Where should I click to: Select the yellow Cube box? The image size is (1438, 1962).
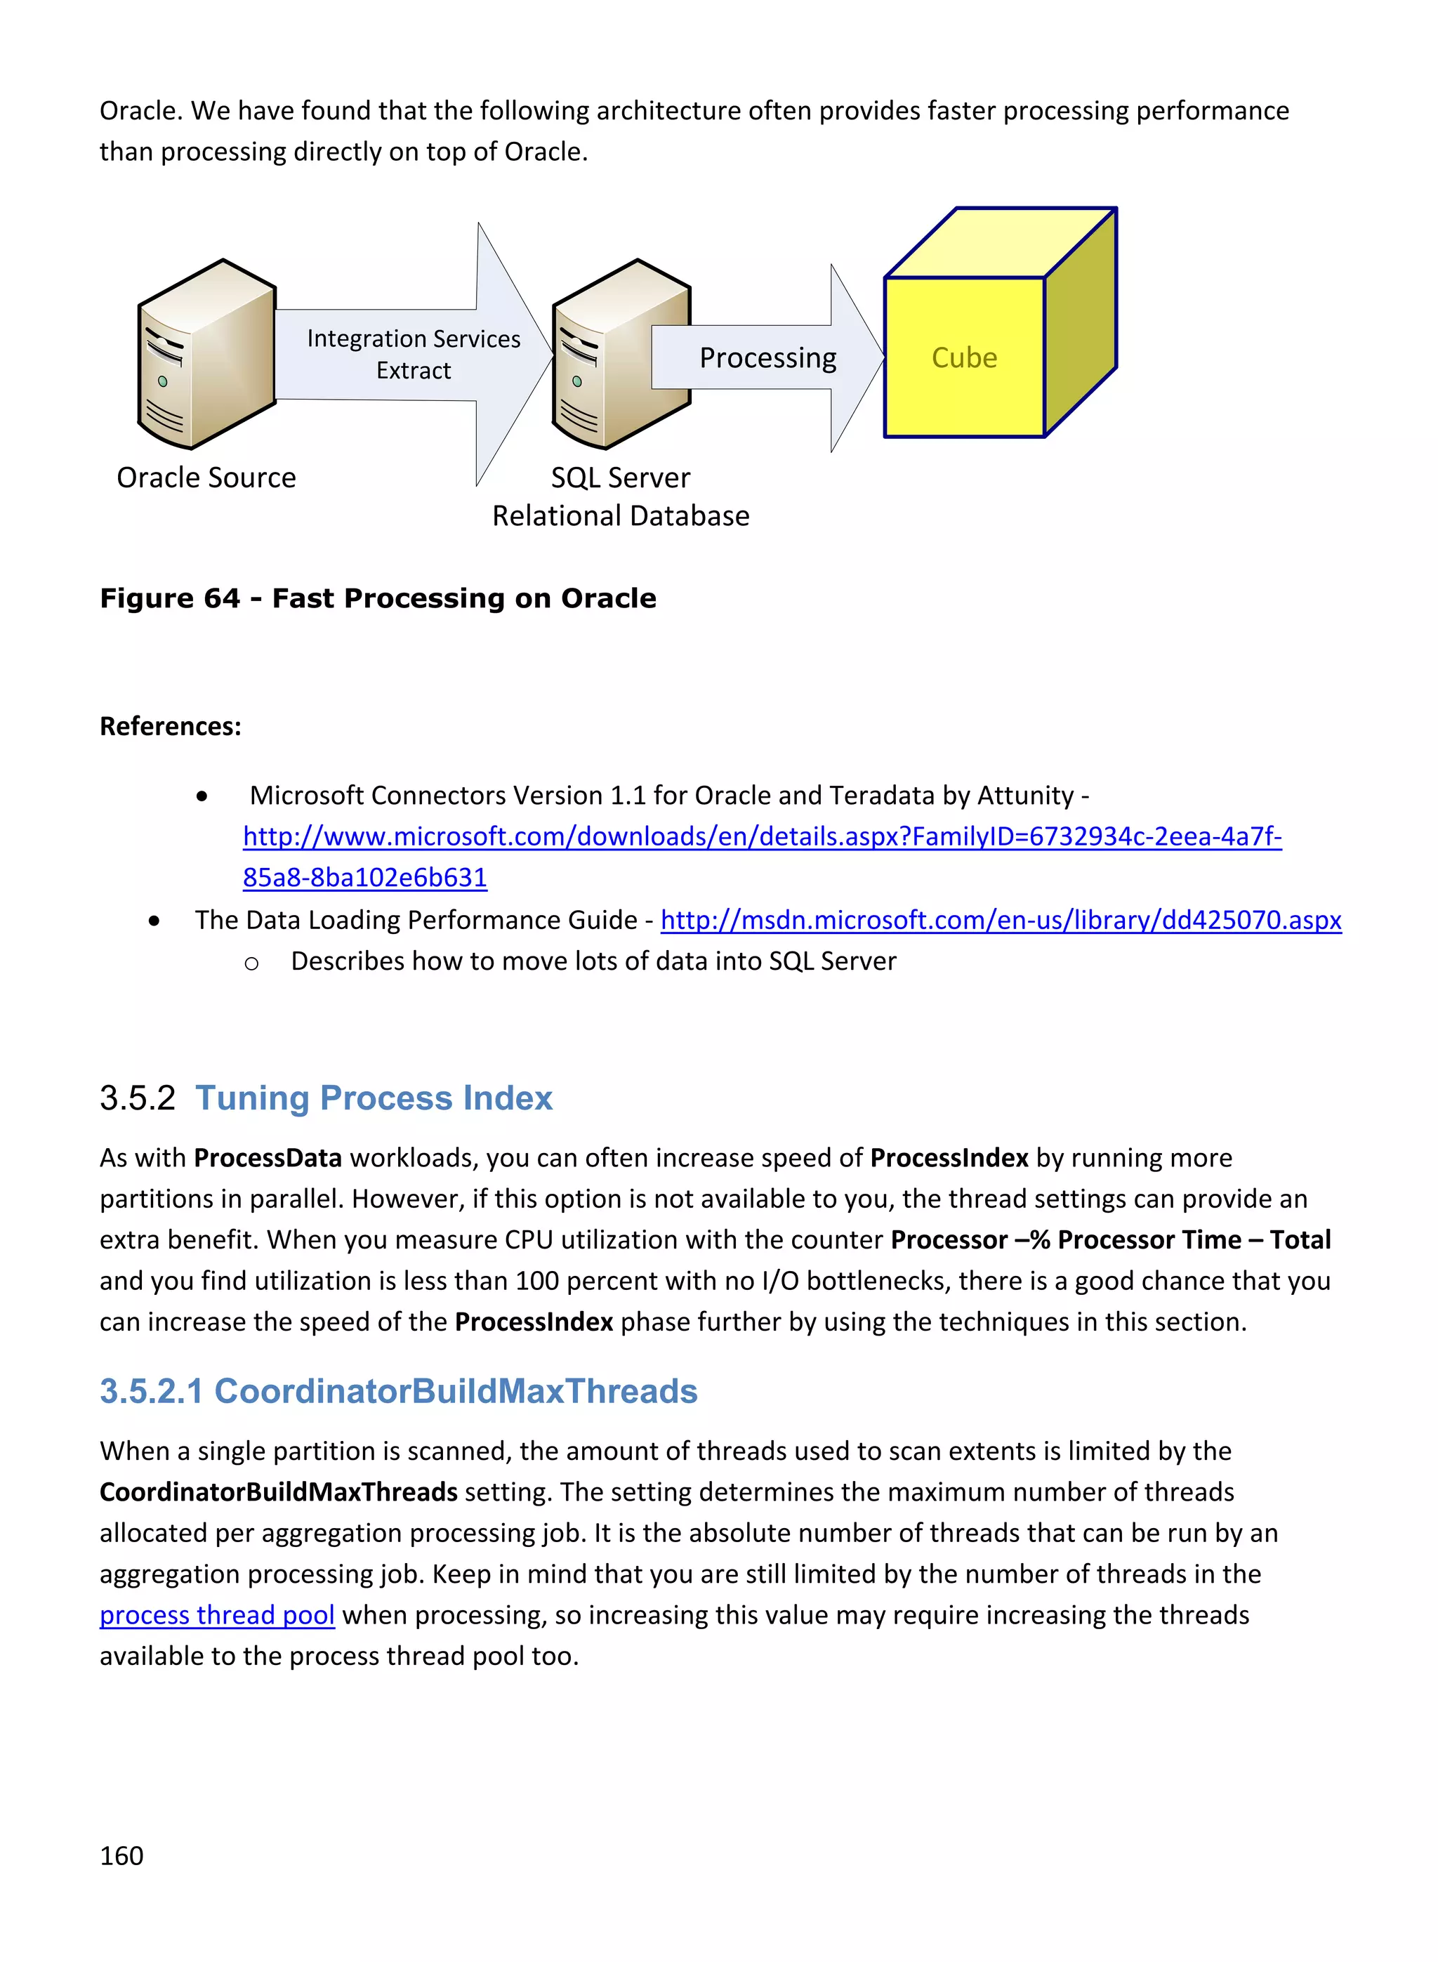(x=965, y=357)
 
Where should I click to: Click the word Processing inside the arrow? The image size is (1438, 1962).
(x=767, y=357)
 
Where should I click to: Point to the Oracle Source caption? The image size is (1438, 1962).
(x=206, y=478)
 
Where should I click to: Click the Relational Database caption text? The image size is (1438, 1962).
(x=620, y=516)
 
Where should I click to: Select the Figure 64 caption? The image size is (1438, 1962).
(x=378, y=598)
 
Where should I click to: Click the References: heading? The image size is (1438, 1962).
(x=171, y=726)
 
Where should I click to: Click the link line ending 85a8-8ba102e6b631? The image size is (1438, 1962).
(x=364, y=877)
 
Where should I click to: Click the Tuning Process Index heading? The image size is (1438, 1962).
(x=374, y=1098)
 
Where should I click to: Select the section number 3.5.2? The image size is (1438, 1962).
(x=138, y=1098)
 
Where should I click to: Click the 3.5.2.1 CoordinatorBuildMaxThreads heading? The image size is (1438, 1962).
(x=398, y=1391)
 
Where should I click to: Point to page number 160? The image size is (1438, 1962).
(x=122, y=1856)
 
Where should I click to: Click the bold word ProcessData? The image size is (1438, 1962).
(x=268, y=1158)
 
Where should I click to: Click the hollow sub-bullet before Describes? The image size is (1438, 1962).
(x=251, y=963)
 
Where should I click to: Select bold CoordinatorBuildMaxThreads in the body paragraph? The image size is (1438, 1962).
(x=279, y=1492)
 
